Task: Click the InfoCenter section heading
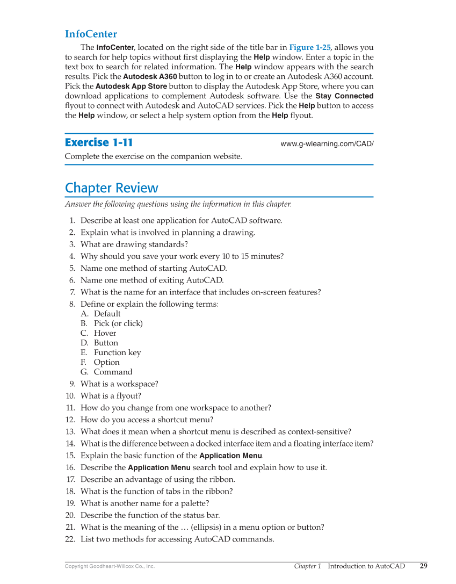[x=91, y=34]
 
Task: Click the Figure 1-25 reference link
[x=310, y=47]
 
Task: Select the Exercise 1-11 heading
[x=98, y=142]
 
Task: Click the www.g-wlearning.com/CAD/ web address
[x=327, y=144]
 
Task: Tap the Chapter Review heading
[x=111, y=188]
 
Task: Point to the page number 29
[x=423, y=566]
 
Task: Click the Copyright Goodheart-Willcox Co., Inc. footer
[x=110, y=566]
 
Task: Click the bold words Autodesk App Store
[x=131, y=86]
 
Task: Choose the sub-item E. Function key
[x=117, y=352]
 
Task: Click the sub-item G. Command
[x=112, y=372]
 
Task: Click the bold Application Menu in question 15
[x=230, y=456]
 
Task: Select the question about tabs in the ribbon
[x=156, y=491]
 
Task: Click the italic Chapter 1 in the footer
[x=307, y=566]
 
